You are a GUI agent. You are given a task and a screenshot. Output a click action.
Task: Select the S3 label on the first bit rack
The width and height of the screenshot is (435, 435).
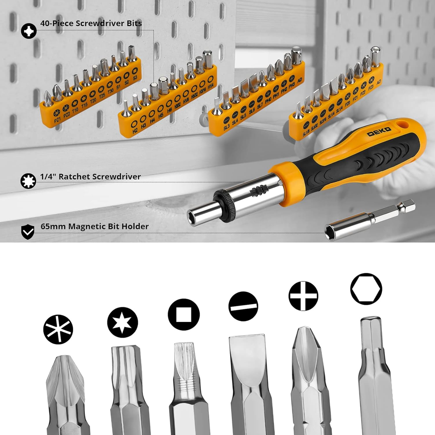135,77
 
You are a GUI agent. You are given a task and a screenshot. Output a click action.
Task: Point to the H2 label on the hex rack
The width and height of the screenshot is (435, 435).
135,130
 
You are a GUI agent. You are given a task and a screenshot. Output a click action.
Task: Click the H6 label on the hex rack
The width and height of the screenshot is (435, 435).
169,110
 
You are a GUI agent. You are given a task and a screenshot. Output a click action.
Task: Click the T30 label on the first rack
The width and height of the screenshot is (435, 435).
110,90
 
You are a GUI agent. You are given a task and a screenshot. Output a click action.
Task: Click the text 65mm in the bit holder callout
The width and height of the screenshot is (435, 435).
50,226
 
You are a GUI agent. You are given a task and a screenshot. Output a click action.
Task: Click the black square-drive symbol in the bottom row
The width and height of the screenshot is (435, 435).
184,315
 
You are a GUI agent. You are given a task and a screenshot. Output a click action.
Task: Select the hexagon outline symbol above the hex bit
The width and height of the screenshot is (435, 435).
366,289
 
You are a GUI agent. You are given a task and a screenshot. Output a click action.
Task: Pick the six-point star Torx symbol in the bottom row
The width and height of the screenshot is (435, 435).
122,322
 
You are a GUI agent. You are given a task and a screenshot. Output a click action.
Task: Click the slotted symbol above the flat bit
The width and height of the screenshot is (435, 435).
244,306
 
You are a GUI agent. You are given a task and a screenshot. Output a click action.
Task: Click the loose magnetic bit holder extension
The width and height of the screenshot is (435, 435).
370,220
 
